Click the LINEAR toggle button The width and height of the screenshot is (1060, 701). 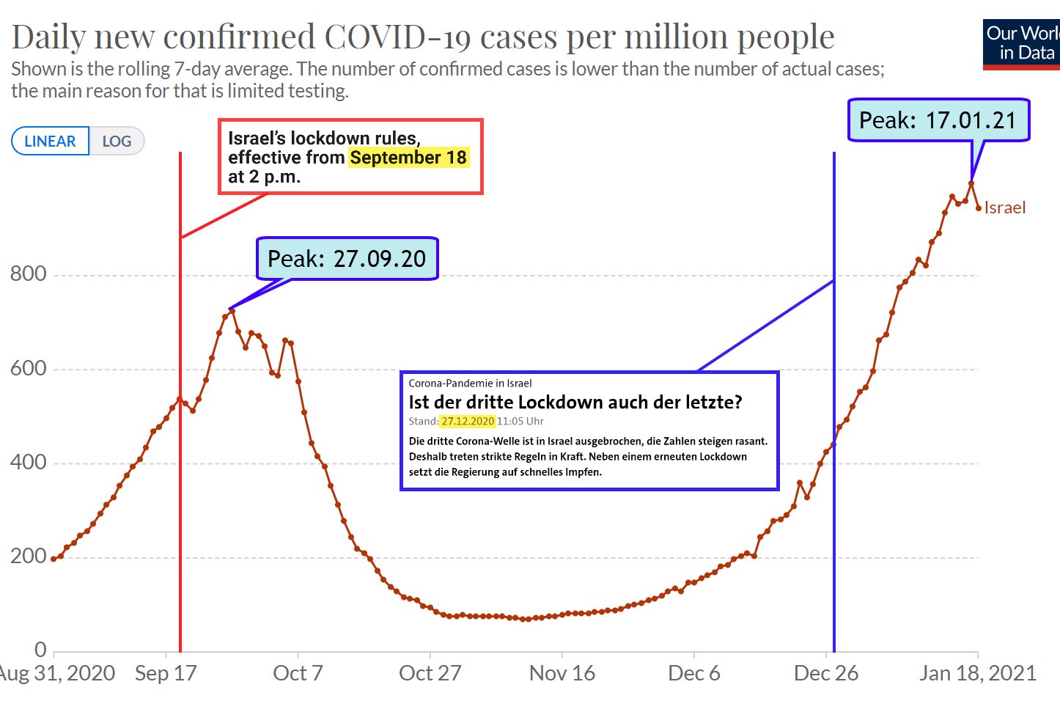tap(50, 142)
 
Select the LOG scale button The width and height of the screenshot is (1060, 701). tap(117, 142)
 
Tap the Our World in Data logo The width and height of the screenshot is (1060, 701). tap(1021, 43)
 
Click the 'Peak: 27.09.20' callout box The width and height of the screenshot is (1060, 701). tap(347, 259)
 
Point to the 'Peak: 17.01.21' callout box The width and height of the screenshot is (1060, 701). tap(938, 120)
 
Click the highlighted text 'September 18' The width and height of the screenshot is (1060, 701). tap(408, 158)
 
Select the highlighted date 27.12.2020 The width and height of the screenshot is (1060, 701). tap(468, 422)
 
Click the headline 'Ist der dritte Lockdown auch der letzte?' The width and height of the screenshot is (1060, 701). tap(575, 402)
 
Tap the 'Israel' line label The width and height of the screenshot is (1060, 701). tap(1004, 208)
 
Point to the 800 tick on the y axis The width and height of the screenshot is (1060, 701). tap(29, 274)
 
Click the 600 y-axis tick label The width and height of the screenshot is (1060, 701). tap(29, 368)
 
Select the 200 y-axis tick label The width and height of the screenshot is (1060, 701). tap(29, 556)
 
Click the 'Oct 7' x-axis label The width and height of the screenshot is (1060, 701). tap(298, 673)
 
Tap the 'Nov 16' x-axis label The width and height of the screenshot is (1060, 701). tap(562, 673)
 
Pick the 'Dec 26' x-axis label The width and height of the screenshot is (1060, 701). tap(826, 673)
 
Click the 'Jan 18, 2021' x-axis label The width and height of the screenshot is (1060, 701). tap(978, 673)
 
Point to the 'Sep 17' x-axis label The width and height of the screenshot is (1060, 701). tap(166, 673)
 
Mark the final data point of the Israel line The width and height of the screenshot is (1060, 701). tap(979, 208)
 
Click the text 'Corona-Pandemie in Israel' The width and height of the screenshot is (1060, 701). tap(470, 383)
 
